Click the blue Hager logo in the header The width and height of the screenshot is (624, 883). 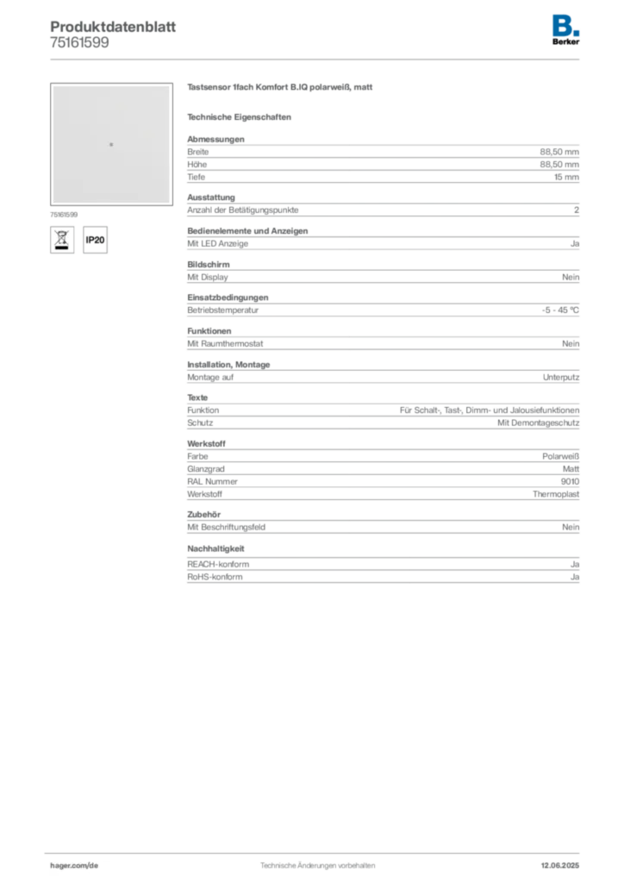click(566, 24)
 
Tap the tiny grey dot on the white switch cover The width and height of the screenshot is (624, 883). click(111, 144)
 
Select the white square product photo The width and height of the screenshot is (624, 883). click(110, 144)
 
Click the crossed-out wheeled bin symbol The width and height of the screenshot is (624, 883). click(60, 239)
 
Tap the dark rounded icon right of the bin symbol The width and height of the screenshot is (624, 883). click(96, 241)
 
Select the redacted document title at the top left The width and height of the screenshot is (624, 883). click(113, 24)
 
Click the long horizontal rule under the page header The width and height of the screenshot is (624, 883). click(345, 58)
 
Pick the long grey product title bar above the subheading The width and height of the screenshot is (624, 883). click(282, 89)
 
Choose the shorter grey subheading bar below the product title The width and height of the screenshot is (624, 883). click(241, 116)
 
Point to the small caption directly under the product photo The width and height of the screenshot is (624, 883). click(66, 210)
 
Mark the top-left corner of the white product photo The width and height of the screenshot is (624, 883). click(52, 86)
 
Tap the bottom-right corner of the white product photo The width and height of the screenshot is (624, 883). click(170, 203)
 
